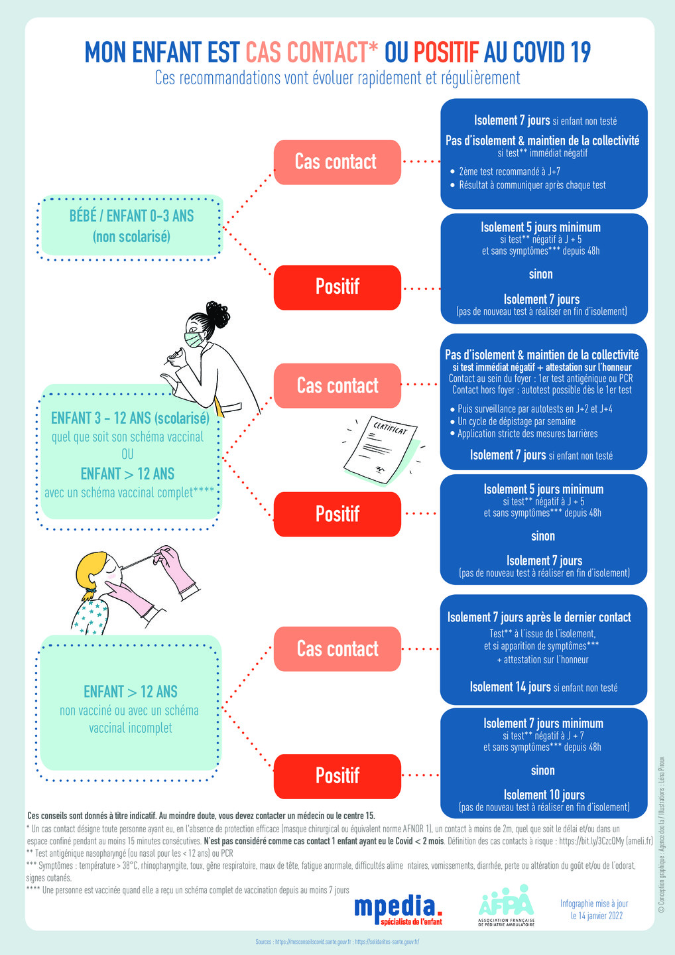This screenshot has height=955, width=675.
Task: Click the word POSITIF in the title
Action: [446, 52]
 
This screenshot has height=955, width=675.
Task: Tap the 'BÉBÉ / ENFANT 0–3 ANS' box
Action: [130, 227]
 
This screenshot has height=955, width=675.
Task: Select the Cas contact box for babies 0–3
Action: [337, 162]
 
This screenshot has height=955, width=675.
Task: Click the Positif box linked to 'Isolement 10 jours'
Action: [337, 776]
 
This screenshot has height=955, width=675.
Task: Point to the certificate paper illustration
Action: [381, 450]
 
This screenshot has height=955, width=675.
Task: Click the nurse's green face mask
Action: [194, 340]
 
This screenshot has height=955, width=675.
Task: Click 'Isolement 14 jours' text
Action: [510, 687]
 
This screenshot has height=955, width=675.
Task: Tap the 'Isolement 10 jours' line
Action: [544, 795]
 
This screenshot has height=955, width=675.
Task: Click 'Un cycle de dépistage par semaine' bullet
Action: [513, 421]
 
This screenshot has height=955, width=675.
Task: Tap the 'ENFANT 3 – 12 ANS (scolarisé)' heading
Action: [130, 418]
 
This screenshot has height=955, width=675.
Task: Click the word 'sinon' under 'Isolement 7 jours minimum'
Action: [543, 770]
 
